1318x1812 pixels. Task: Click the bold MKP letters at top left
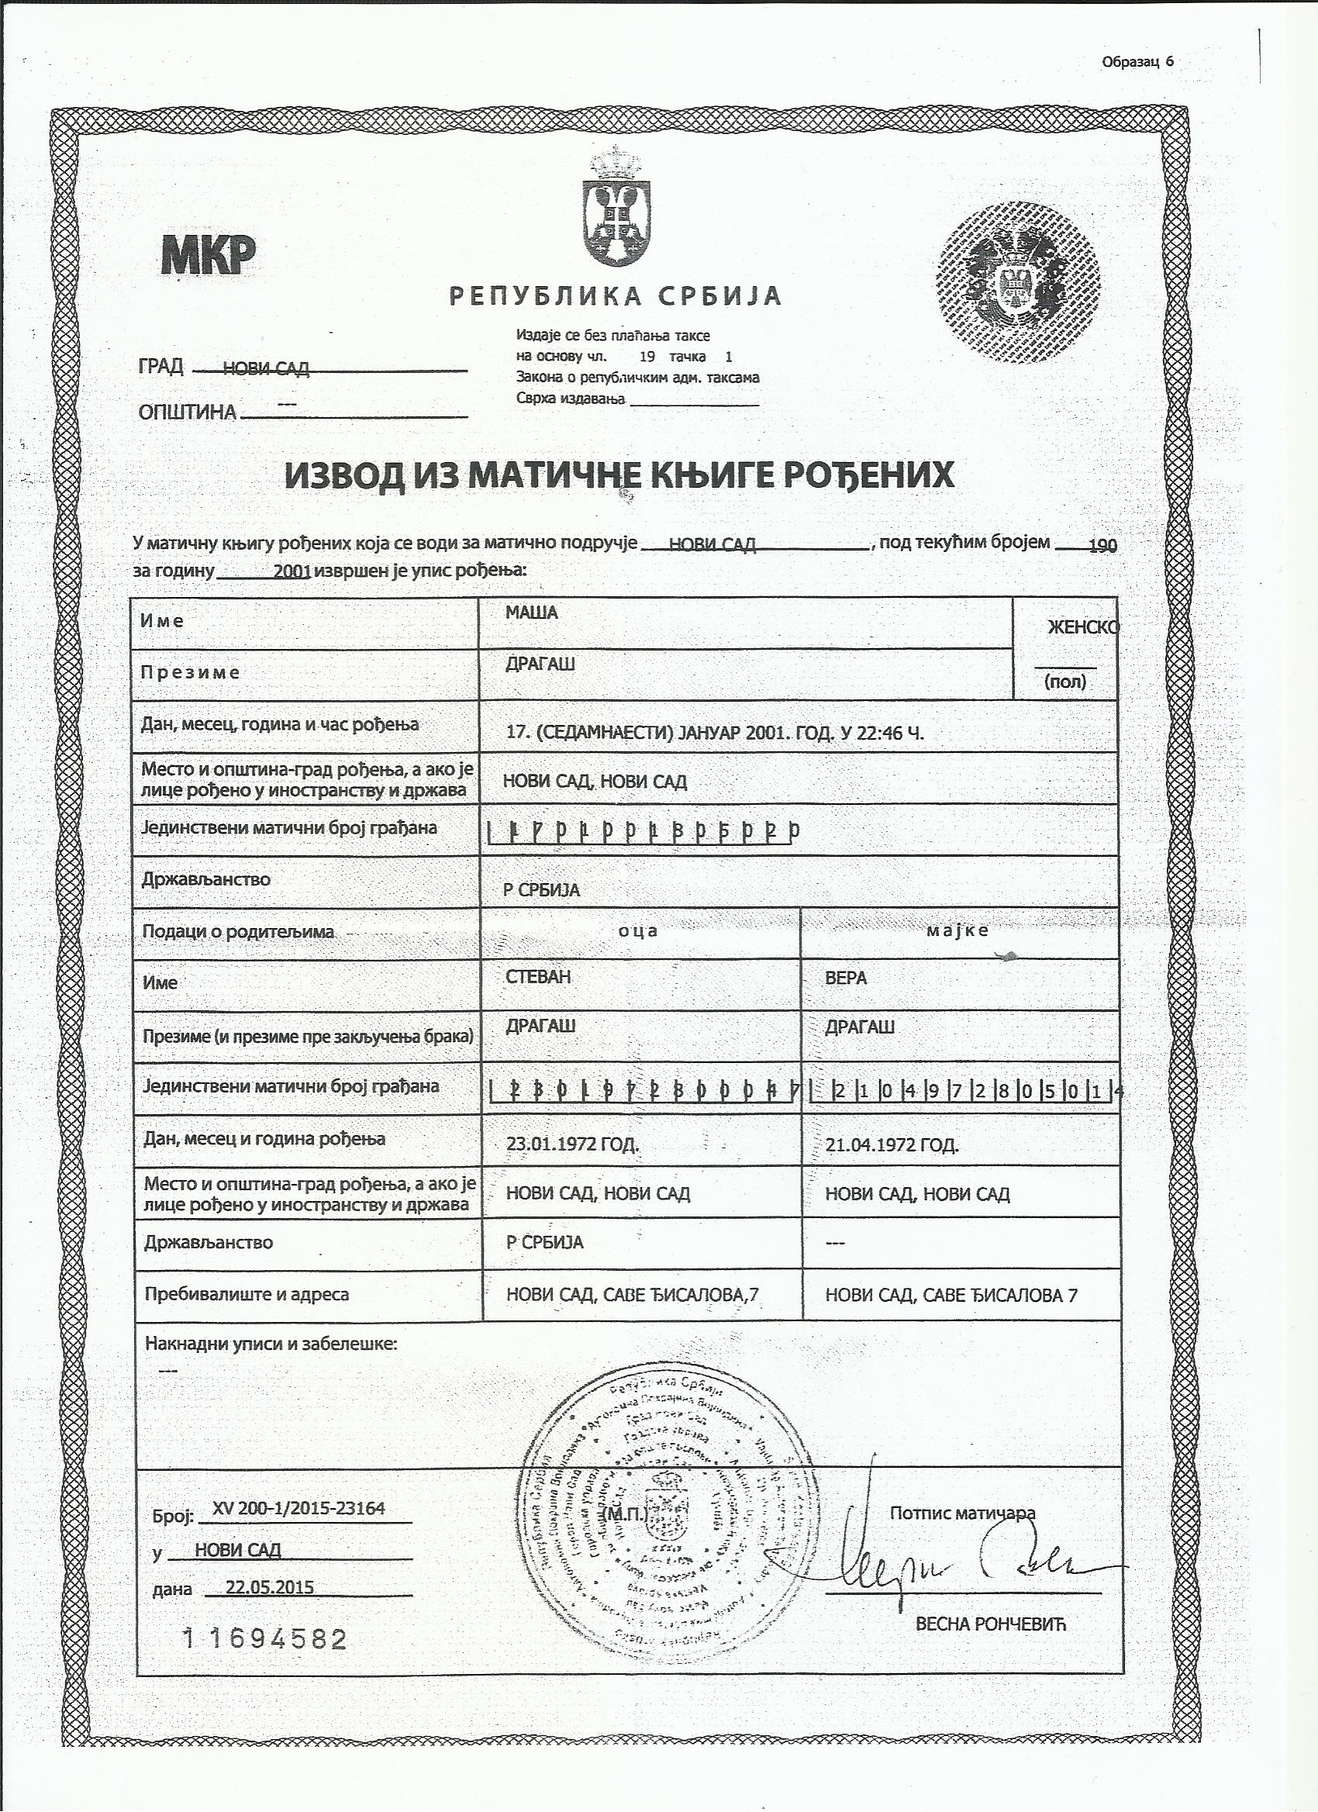[x=209, y=255]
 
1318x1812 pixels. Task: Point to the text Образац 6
[x=1137, y=62]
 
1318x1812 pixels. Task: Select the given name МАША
[x=531, y=613]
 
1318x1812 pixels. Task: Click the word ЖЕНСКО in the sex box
[x=1082, y=628]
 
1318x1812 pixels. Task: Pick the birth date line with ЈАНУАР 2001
[x=715, y=733]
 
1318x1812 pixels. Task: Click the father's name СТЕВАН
[x=538, y=977]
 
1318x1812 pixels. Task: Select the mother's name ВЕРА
[x=845, y=978]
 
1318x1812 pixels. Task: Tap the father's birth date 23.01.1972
[x=572, y=1144]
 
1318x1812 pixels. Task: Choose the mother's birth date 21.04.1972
[x=892, y=1145]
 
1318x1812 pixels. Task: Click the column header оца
[x=638, y=930]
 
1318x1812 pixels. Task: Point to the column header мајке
[x=957, y=930]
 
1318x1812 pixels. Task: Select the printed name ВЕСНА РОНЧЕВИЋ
[x=991, y=1624]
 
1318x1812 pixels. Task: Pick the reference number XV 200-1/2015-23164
[x=298, y=1508]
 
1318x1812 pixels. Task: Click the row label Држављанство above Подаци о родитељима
[x=206, y=879]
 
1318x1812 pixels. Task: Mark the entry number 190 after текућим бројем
[x=1102, y=546]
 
